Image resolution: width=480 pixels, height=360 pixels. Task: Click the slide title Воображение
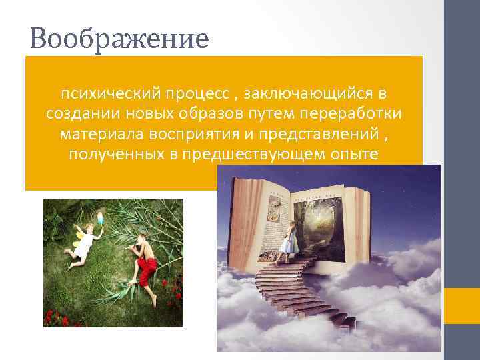[x=119, y=39]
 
